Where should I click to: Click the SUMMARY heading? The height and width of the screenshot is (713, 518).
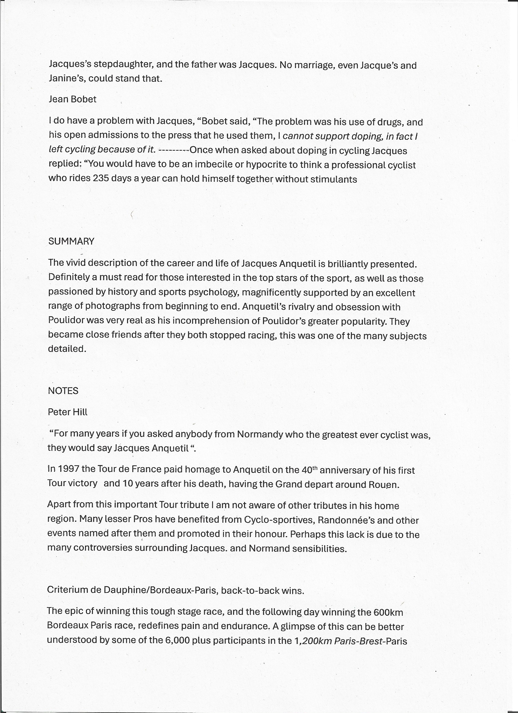pos(71,242)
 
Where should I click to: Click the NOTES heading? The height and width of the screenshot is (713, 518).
pos(63,391)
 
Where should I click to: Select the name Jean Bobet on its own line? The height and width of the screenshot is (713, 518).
pos(73,99)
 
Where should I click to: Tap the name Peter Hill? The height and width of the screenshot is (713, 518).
pos(68,412)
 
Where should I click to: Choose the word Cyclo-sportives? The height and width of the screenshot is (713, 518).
pos(280,520)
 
